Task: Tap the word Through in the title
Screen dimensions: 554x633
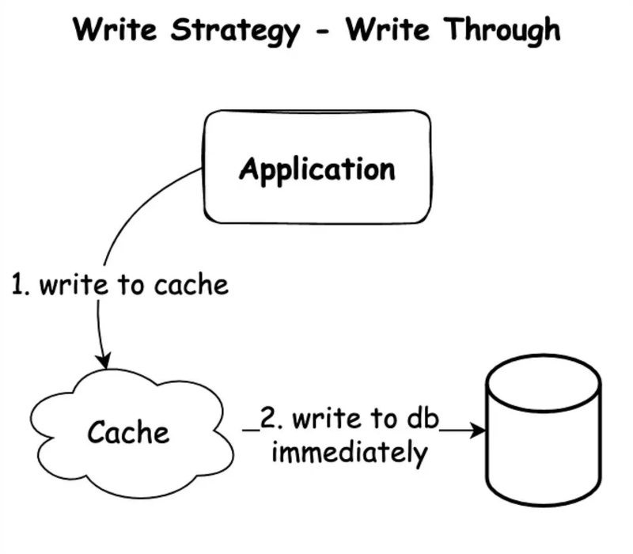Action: tap(502, 32)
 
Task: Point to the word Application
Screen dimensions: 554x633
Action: tap(317, 169)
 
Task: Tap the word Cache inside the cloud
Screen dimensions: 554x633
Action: tap(128, 433)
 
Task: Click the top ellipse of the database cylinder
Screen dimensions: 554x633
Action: tap(543, 385)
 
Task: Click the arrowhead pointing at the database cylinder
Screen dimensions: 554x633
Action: tap(477, 431)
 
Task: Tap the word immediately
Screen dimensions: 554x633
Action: tap(349, 454)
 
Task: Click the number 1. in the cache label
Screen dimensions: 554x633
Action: tap(21, 285)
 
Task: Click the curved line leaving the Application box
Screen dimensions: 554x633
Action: tap(142, 206)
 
